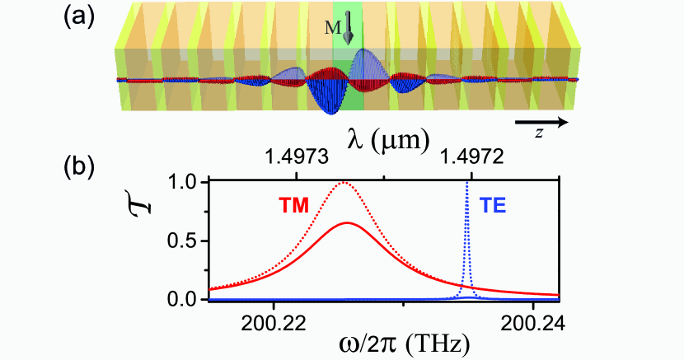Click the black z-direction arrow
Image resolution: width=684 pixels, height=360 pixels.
[541, 122]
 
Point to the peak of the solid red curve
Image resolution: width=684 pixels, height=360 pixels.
[349, 222]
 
